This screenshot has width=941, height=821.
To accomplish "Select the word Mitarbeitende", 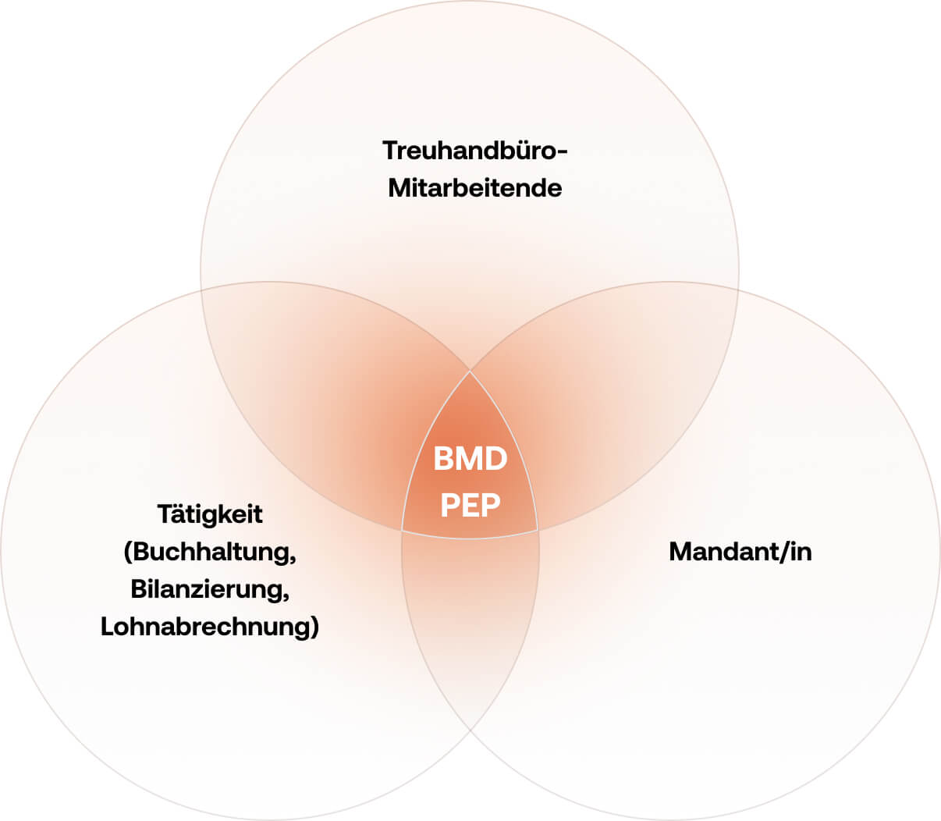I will tap(474, 188).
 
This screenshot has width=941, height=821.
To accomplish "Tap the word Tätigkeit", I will tap(210, 514).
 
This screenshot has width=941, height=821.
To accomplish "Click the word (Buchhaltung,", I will tap(210, 552).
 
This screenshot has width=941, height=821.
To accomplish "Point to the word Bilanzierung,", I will tap(210, 589).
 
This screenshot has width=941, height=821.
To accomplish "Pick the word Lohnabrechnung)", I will tap(210, 627).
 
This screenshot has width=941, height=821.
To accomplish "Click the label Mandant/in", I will tap(740, 552).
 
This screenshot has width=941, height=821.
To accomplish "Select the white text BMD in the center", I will tap(470, 459).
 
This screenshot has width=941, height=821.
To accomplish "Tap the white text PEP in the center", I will tap(470, 506).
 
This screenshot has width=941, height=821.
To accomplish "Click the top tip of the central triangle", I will tap(470, 371).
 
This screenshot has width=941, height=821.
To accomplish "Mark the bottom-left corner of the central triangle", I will tap(402, 531).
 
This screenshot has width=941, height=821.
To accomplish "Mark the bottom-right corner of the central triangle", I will tap(538, 531).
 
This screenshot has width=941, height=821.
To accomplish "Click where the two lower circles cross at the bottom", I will tap(470, 730).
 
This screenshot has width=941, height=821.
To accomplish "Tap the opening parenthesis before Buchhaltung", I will tap(128, 553).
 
